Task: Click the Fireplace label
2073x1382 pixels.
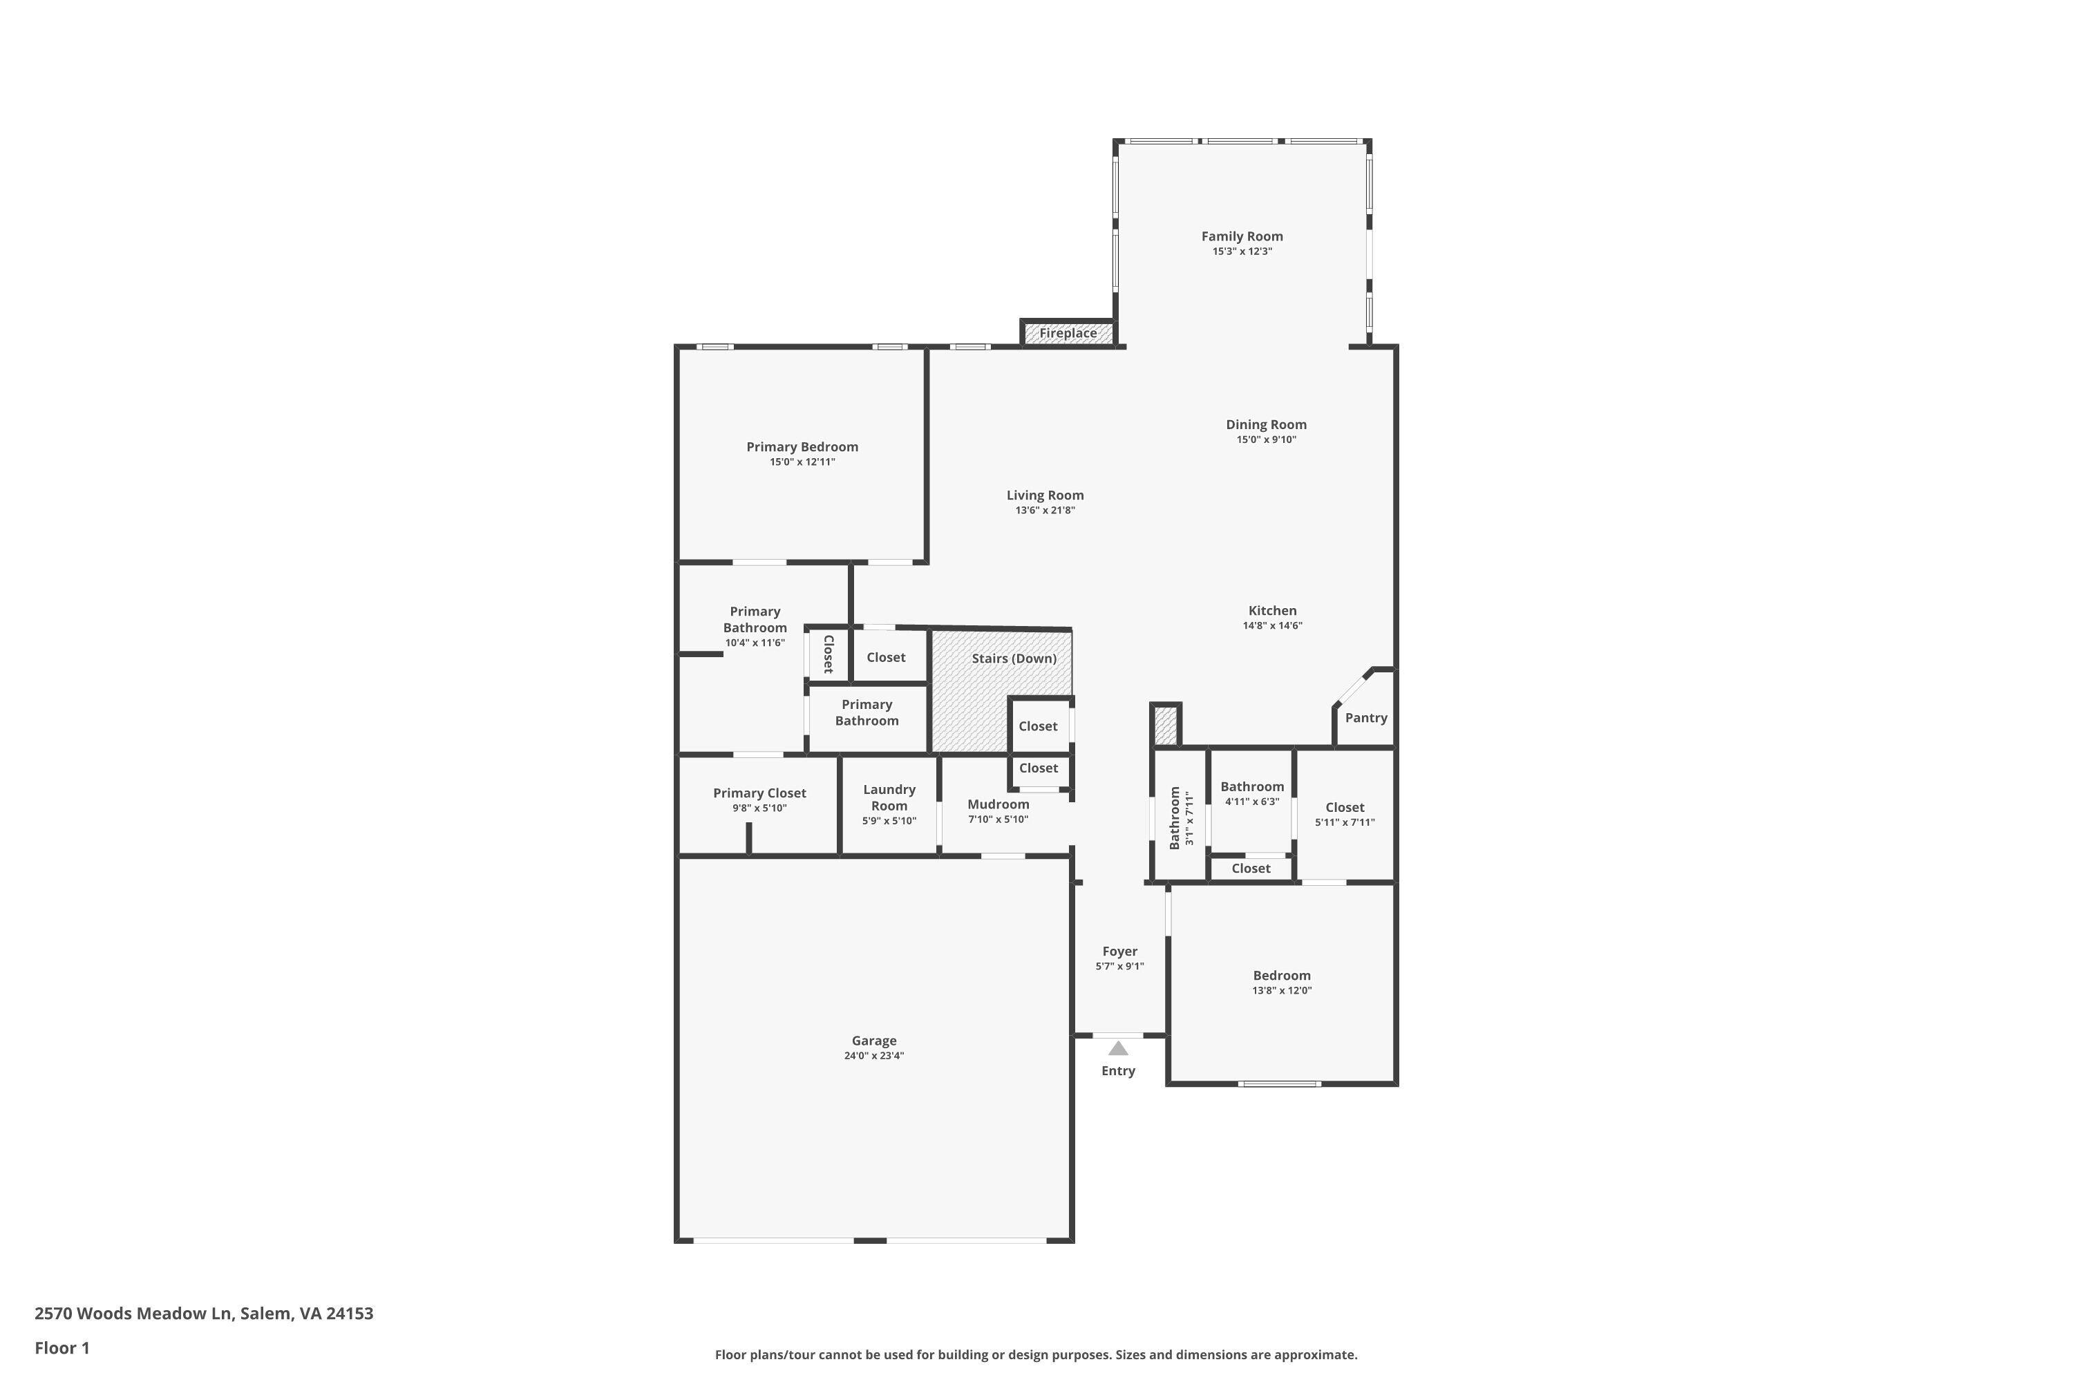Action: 1068,333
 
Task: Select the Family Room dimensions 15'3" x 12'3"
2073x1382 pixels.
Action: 1242,252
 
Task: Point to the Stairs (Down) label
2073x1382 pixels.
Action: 1014,659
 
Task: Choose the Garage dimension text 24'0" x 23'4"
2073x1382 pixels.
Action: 873,1056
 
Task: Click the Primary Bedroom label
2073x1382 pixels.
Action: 802,447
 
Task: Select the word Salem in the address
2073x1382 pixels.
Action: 265,1314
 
